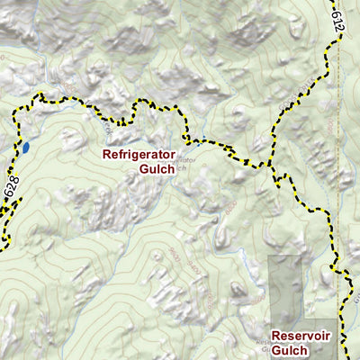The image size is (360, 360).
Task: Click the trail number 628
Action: click(x=12, y=190)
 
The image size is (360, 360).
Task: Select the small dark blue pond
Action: click(x=27, y=146)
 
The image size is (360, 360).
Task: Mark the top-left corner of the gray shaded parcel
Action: click(x=270, y=256)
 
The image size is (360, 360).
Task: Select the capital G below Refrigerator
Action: click(x=131, y=169)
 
